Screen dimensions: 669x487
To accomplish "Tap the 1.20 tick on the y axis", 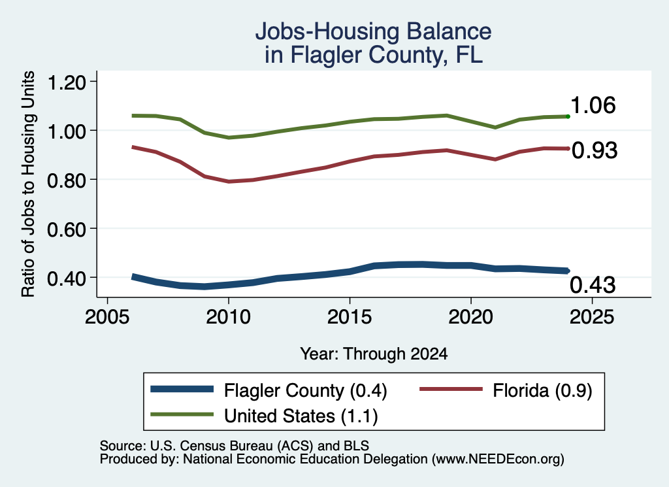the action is pos(67,82).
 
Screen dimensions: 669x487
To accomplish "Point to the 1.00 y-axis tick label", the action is pos(67,131).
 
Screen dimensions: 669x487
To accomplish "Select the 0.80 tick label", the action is pos(67,180).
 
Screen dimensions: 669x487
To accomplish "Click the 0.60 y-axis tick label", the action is pos(67,229).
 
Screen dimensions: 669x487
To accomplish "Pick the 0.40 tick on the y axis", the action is pos(67,278).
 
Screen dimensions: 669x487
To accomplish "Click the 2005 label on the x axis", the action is pos(108,317).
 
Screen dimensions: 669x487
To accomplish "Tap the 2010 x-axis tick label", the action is pos(228,317).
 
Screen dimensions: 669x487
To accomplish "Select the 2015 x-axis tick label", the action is pos(350,317).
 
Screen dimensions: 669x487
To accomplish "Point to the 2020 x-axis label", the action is pos(470,317).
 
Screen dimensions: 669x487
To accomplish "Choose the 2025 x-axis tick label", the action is pos(592,317).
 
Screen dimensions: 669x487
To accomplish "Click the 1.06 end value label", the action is pos(593,105).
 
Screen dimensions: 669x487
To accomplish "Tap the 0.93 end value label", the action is pos(595,150).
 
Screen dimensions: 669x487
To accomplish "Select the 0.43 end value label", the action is pos(593,285).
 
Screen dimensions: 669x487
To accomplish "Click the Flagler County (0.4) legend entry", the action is pos(269,390).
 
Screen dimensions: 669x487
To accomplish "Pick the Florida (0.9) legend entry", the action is pos(506,390).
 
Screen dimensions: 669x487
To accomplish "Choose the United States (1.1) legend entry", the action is pos(265,416).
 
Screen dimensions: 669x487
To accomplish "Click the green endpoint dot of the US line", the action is pos(568,116).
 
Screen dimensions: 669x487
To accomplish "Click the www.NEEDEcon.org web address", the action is pos(497,459).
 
